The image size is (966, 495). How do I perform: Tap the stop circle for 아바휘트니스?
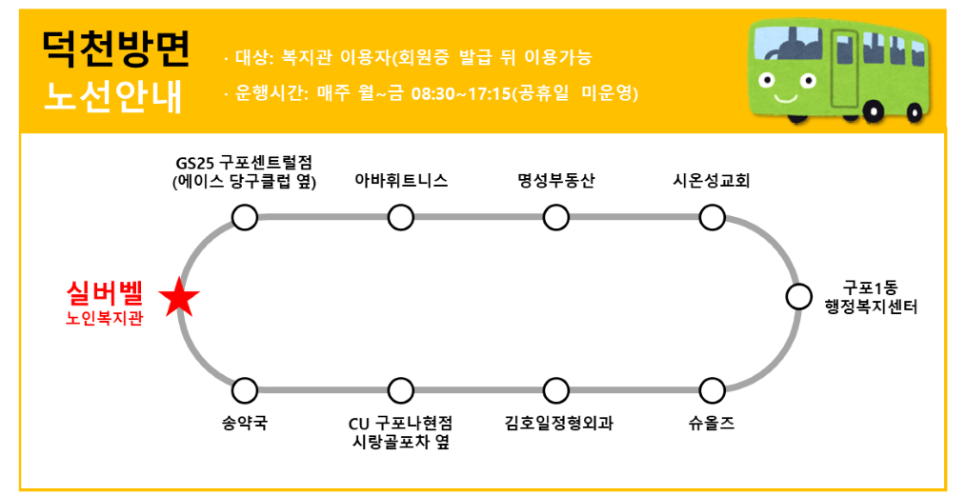401,218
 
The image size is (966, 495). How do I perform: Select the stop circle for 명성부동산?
556,218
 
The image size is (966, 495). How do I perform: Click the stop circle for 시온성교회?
712,218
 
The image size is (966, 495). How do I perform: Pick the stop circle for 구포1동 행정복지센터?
798,297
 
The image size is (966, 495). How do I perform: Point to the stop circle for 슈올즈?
712,390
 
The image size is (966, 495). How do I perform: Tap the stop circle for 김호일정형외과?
556,390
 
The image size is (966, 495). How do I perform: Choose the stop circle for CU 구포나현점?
401,390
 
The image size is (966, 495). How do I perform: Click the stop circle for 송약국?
245,390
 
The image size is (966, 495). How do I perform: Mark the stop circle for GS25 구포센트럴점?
245,218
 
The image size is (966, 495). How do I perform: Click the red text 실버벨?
105,292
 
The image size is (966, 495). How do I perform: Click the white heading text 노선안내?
112,95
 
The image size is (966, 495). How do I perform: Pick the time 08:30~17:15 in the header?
461,94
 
